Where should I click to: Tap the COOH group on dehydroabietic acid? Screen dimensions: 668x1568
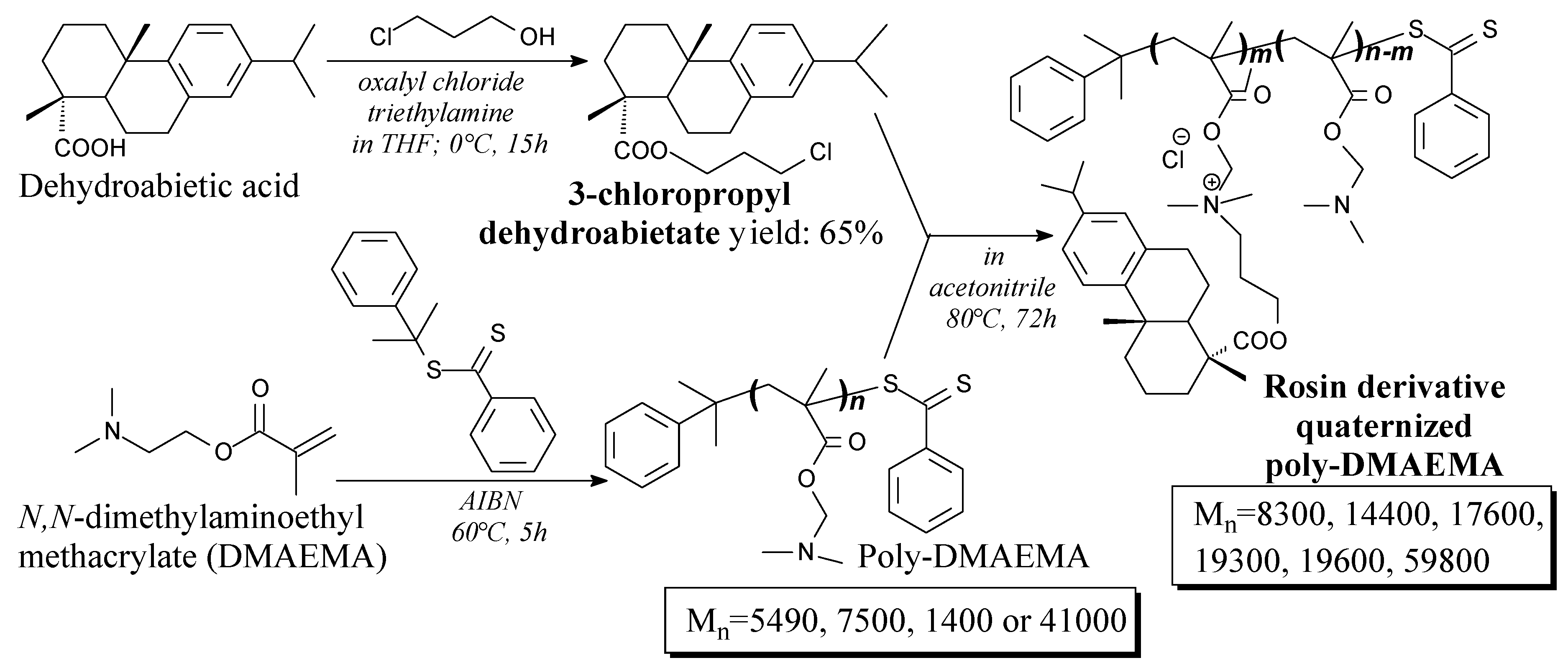point(90,148)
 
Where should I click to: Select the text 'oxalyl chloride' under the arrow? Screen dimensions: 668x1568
point(441,82)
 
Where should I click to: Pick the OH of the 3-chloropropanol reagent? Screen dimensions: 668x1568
point(537,38)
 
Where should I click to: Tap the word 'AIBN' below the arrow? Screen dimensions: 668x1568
point(491,501)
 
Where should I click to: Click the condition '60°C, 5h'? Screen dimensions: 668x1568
point(499,533)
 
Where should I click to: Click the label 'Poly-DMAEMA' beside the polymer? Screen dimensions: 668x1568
point(973,557)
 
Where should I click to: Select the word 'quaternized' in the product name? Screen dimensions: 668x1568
point(1384,426)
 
